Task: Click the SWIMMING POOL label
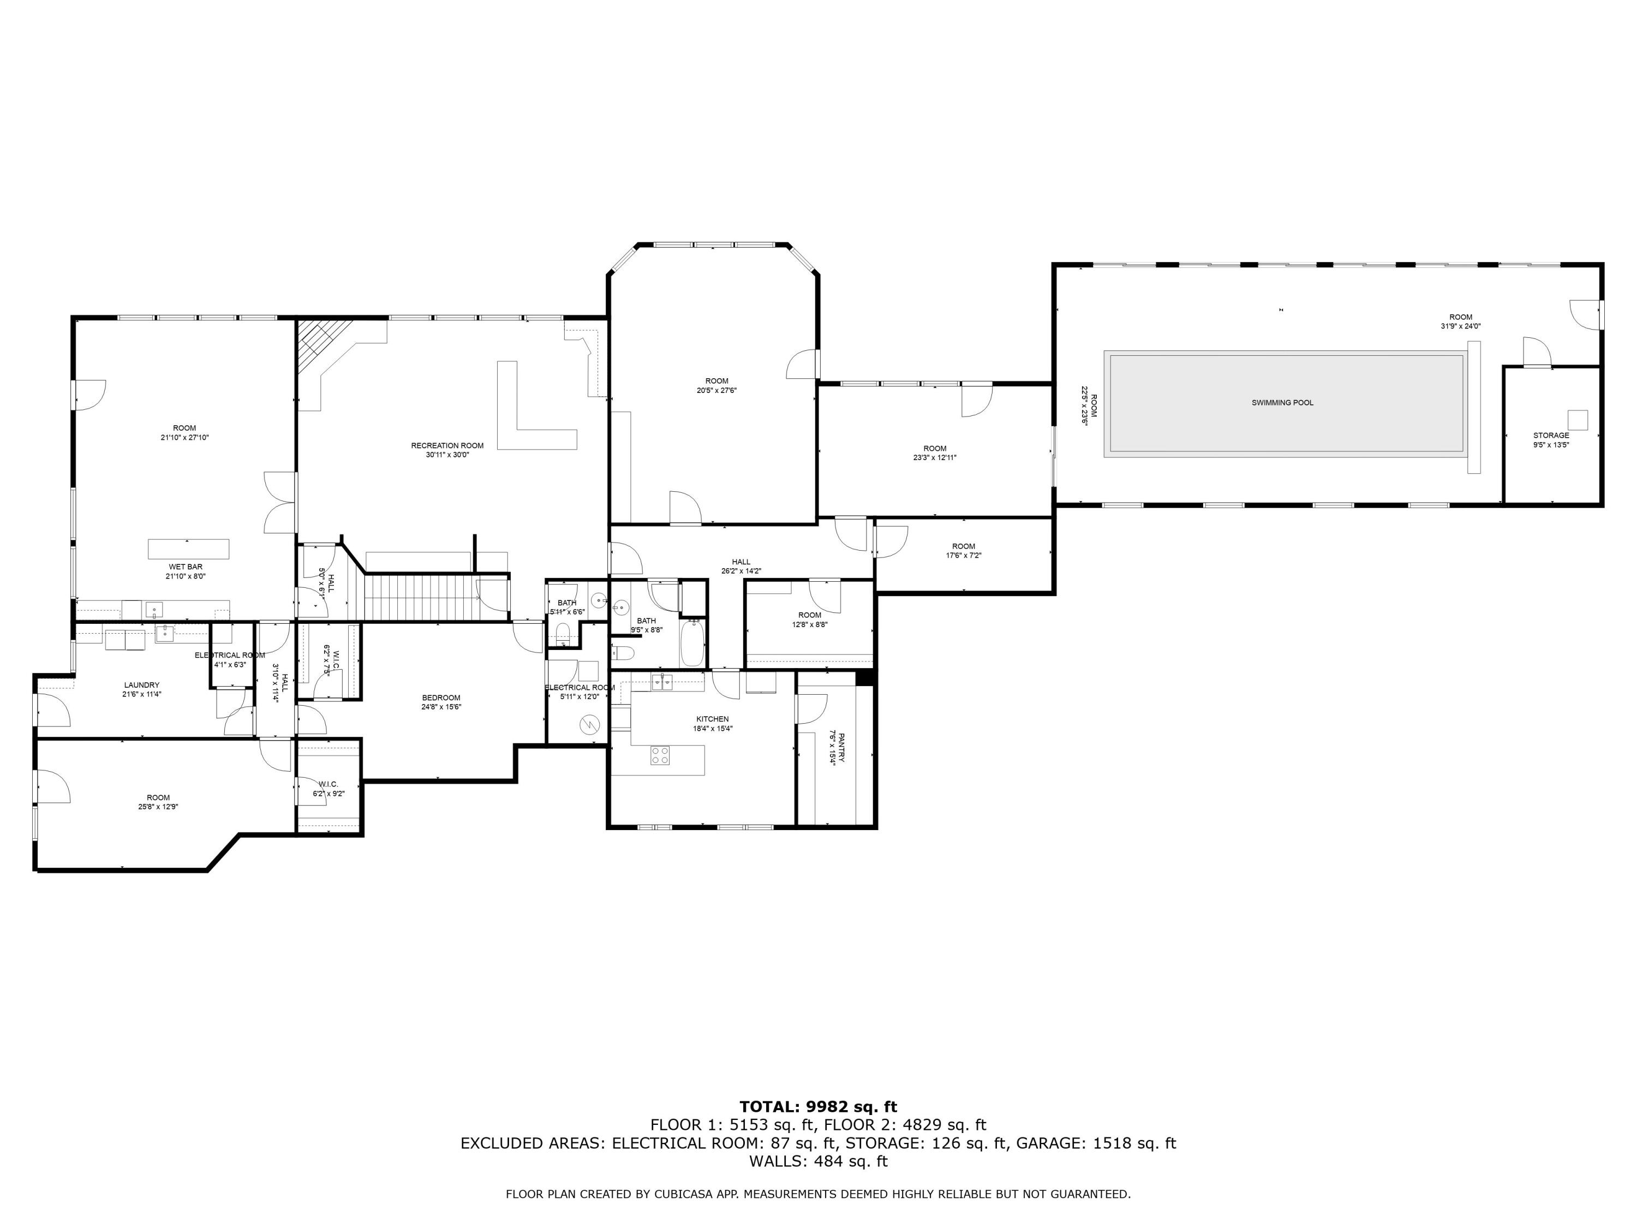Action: pos(1282,403)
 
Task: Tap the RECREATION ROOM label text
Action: pos(447,445)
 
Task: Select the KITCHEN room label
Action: pos(712,719)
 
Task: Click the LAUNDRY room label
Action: pos(141,685)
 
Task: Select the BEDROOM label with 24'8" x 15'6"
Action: pos(441,698)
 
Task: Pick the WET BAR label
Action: pos(185,567)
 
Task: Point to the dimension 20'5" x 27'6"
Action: pos(716,390)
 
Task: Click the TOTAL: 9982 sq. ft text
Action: pos(818,1107)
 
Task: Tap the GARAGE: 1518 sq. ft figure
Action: pos(1095,1143)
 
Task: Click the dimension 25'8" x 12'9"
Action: pos(158,807)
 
